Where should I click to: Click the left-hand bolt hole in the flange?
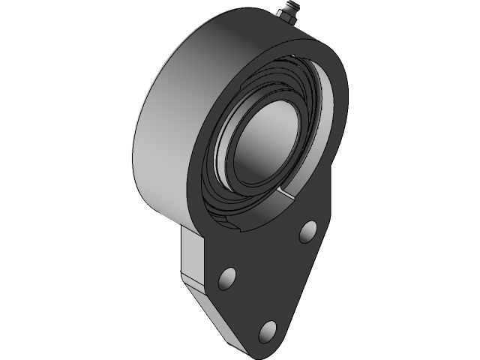click(x=226, y=279)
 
